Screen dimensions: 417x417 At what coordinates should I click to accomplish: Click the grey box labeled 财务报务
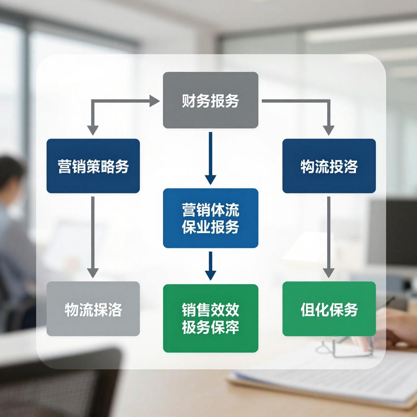tap(211, 100)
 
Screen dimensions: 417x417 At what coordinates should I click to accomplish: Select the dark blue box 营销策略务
tap(93, 166)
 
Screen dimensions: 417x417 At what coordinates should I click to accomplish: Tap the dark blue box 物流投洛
tap(329, 166)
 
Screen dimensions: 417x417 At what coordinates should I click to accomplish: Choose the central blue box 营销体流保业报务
tap(211, 218)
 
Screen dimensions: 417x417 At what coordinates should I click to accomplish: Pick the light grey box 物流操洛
tap(93, 309)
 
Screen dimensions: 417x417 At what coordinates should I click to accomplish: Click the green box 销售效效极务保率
tap(211, 318)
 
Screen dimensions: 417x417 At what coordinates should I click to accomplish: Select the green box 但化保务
tap(329, 309)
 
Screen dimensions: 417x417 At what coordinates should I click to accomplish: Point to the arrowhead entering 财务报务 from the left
tap(155, 101)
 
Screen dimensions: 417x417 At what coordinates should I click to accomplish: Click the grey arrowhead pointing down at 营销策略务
tap(93, 130)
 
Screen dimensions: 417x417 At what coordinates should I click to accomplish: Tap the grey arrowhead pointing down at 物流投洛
tap(329, 130)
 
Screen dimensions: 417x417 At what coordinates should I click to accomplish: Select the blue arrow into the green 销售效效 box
tap(210, 267)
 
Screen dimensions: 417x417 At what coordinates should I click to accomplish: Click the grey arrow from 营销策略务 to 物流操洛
tap(93, 236)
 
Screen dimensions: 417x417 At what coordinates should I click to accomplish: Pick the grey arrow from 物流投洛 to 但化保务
tap(329, 236)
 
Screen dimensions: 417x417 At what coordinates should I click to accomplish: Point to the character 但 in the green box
tap(307, 309)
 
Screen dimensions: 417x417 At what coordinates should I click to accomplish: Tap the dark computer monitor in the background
tap(393, 232)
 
